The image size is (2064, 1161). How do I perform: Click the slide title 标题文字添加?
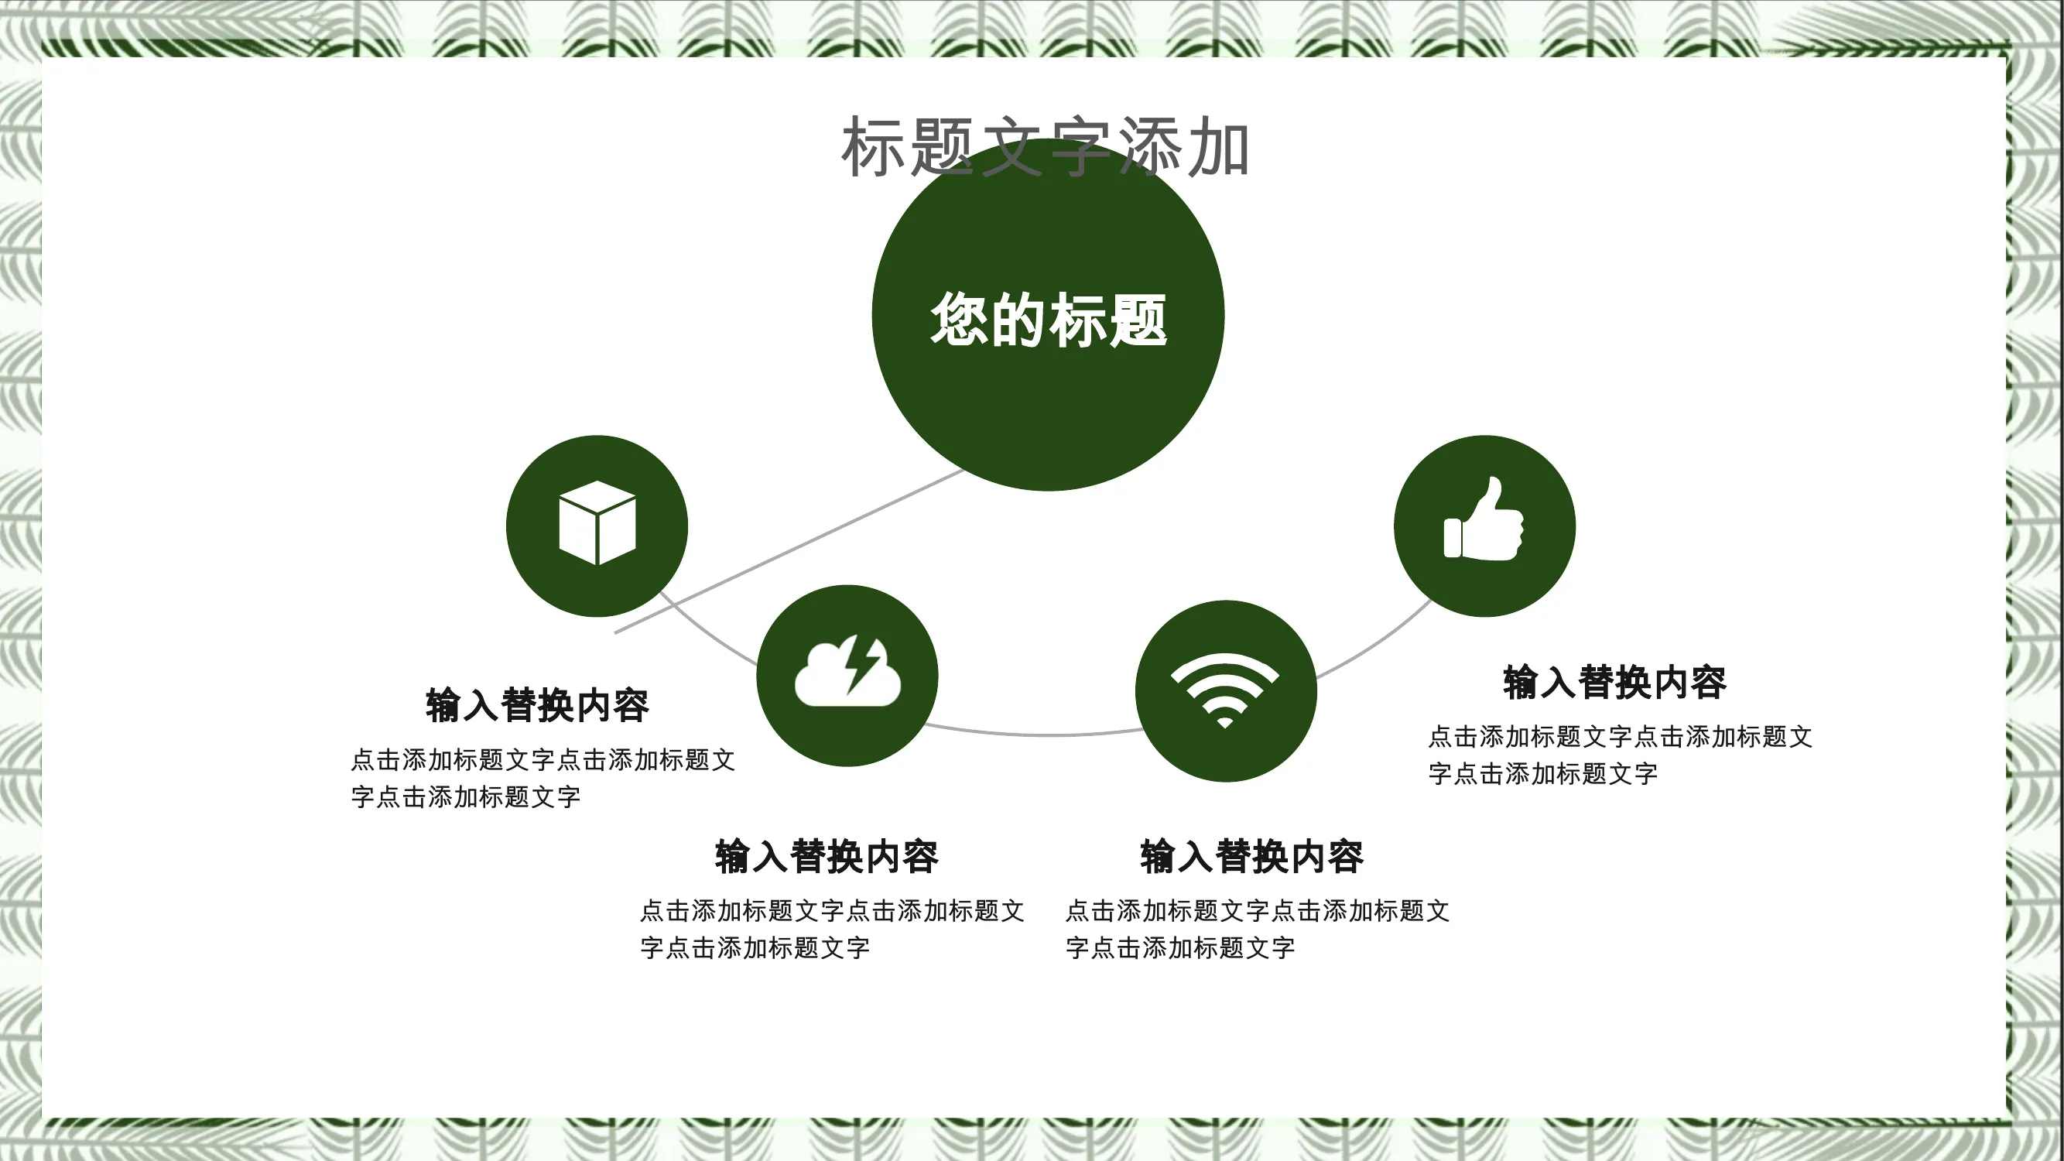pyautogui.click(x=1045, y=147)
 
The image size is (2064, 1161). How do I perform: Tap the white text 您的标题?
pyautogui.click(x=1048, y=320)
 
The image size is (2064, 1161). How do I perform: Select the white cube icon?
pyautogui.click(x=597, y=522)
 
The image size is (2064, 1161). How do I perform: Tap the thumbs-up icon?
pyautogui.click(x=1484, y=519)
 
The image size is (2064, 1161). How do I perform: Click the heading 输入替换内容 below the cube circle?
pyautogui.click(x=538, y=705)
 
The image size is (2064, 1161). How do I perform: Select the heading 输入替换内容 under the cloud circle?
pyautogui.click(x=827, y=857)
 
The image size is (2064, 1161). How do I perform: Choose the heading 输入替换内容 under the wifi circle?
pyautogui.click(x=1252, y=857)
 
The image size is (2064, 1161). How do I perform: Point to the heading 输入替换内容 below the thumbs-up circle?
pyautogui.click(x=1614, y=682)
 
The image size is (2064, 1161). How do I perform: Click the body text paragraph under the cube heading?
pyautogui.click(x=543, y=778)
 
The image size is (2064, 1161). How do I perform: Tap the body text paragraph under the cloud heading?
pyautogui.click(x=833, y=930)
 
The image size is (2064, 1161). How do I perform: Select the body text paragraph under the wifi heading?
pyautogui.click(x=1258, y=930)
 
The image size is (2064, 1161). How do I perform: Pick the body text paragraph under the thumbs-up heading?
pyautogui.click(x=1620, y=755)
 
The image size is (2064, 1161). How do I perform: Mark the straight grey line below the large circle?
pyautogui.click(x=789, y=551)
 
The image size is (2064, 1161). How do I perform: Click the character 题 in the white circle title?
pyautogui.click(x=1138, y=320)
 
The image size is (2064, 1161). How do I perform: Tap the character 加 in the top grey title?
pyautogui.click(x=1218, y=147)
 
